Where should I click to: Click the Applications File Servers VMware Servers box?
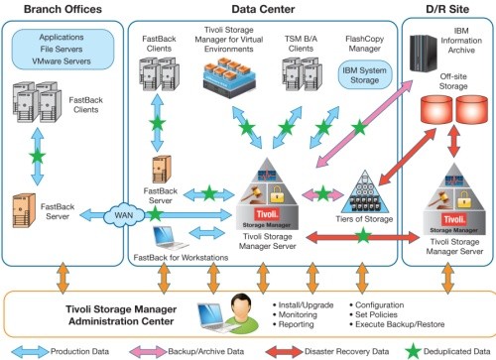[x=62, y=47]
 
